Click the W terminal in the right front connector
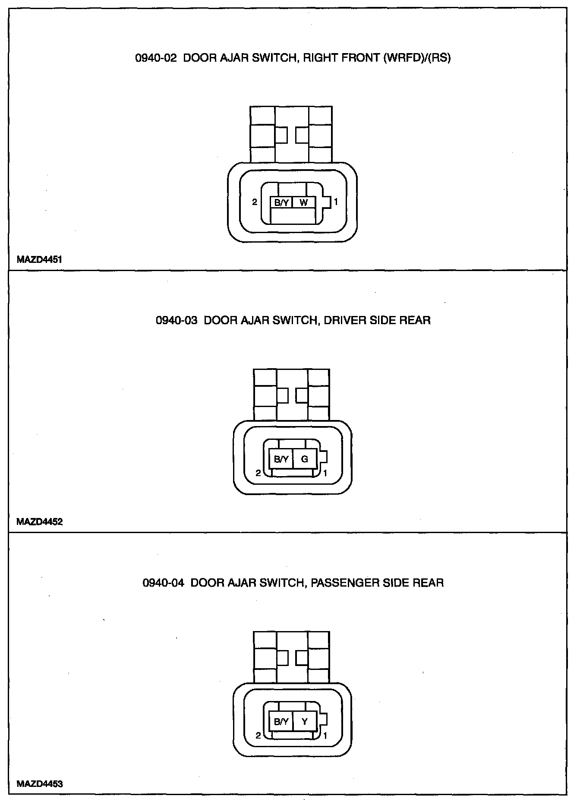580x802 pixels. (304, 202)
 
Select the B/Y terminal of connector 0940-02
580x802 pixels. (281, 202)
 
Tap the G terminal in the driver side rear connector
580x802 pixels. (305, 459)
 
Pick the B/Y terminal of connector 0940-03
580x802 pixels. (281, 459)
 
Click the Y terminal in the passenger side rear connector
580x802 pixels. (305, 721)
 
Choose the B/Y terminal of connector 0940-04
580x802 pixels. (281, 721)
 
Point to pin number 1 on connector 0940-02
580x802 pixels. (336, 201)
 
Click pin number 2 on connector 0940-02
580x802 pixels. (255, 202)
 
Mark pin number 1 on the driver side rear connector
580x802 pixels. (325, 473)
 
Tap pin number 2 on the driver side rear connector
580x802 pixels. (258, 473)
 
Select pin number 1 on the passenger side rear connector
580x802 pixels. (325, 736)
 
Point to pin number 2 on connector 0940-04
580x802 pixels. (258, 736)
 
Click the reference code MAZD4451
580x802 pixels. (39, 260)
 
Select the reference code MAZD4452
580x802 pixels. (39, 522)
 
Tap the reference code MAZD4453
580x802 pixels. (39, 784)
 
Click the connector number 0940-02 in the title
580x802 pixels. (156, 58)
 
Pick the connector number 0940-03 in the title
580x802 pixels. (177, 320)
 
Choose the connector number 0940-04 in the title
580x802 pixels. (163, 583)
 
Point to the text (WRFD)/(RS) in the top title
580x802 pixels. (416, 58)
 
